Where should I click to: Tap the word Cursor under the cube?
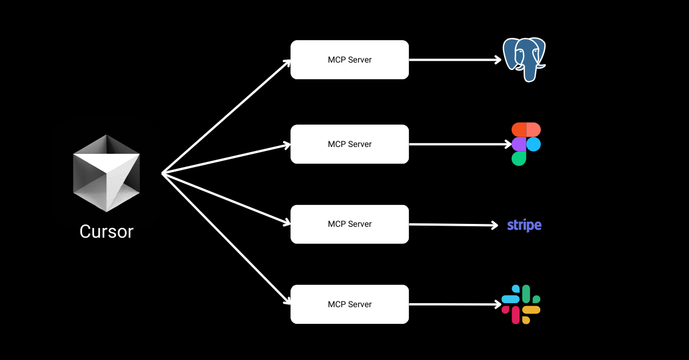[106, 231]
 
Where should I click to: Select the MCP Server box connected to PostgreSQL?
[349, 60]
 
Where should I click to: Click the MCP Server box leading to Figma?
[349, 144]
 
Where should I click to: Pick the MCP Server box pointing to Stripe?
[349, 224]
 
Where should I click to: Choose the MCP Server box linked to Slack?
[349, 304]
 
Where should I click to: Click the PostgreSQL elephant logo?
[524, 59]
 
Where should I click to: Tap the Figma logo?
[526, 144]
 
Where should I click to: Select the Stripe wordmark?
[524, 225]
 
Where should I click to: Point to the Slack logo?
[521, 304]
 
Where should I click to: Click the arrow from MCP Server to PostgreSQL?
[454, 60]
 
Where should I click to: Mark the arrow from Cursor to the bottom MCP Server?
[227, 238]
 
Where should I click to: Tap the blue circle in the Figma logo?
[533, 144]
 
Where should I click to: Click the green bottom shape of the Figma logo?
[519, 158]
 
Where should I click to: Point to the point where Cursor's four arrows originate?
[163, 173]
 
